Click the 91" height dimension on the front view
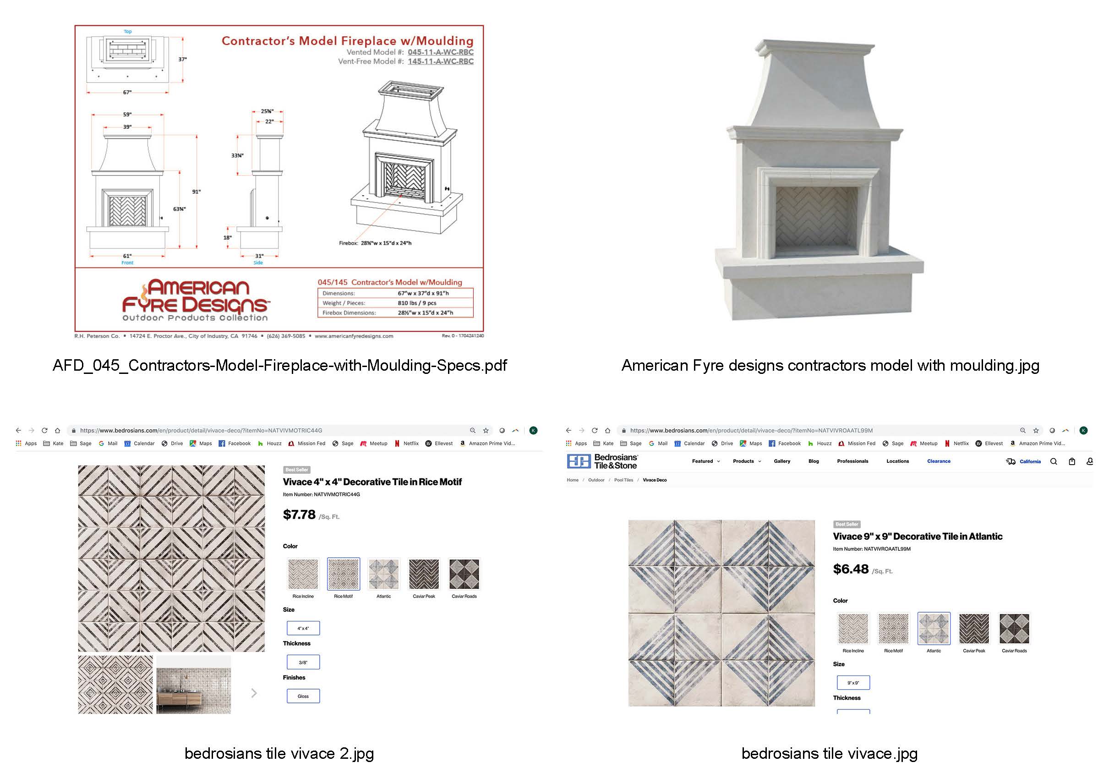(x=196, y=192)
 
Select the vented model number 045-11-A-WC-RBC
(x=440, y=52)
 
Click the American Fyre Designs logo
(x=196, y=300)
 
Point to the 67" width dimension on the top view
(x=126, y=92)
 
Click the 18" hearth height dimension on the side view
(x=227, y=238)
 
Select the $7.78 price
(x=299, y=515)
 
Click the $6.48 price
(x=851, y=569)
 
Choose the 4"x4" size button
(x=303, y=628)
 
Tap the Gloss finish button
(x=303, y=696)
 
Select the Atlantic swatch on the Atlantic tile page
(x=933, y=629)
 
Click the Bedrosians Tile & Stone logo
(x=602, y=461)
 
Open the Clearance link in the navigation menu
(x=938, y=461)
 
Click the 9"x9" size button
(x=852, y=683)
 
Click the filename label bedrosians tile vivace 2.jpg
(x=279, y=754)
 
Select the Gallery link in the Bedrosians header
(x=781, y=461)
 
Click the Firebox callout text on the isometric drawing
(x=375, y=243)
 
